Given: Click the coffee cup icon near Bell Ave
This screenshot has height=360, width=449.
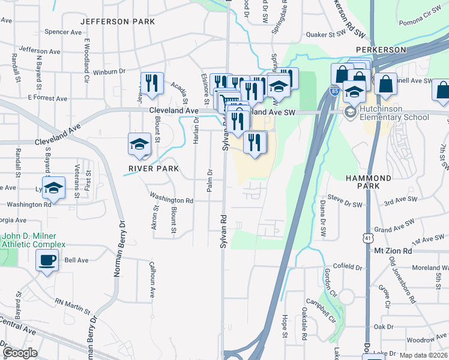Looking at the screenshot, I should [x=46, y=260].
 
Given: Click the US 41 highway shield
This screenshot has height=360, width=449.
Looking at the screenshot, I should [x=367, y=238].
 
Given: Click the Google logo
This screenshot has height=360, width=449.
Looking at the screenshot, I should [x=20, y=353].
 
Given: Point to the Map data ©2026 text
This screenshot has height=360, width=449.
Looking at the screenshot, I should [x=424, y=355].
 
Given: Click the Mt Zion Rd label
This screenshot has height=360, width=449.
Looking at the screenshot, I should [x=393, y=250].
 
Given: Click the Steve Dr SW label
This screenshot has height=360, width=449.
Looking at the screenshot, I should [x=345, y=205].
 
